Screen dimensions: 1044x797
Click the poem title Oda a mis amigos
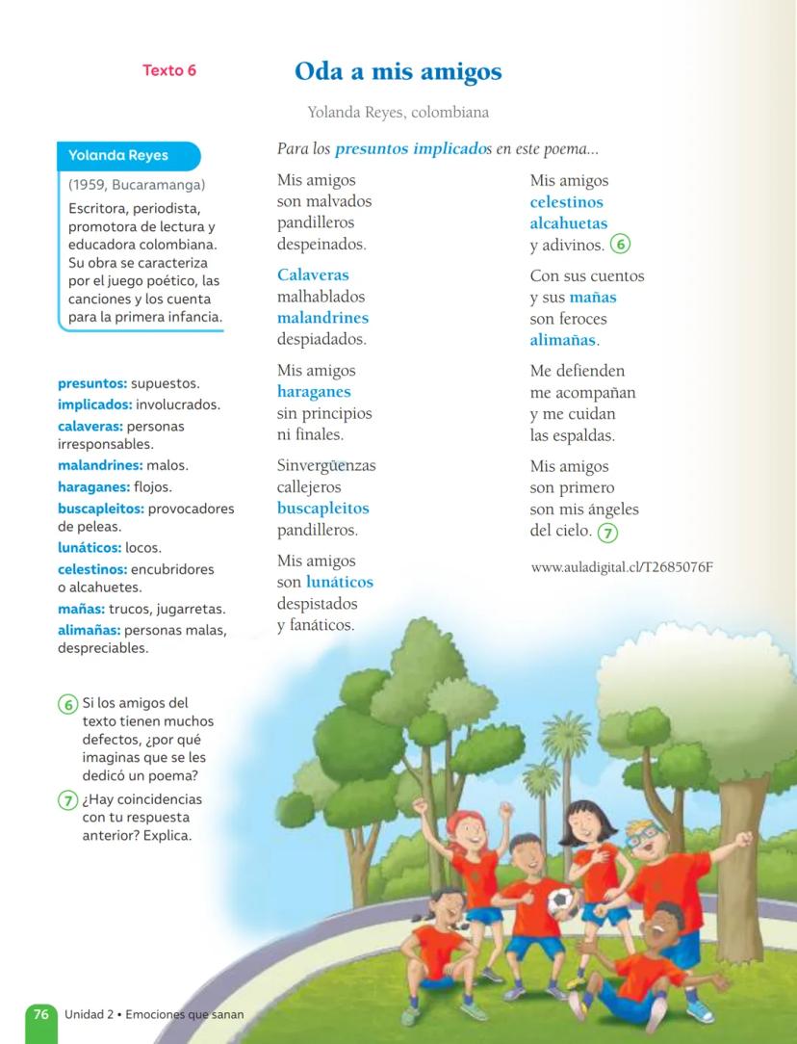coord(398,71)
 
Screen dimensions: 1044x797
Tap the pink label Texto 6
coord(169,70)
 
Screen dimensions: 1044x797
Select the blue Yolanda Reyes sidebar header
coord(118,155)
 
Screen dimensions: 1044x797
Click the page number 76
coord(40,1014)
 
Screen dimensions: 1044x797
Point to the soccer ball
coord(560,901)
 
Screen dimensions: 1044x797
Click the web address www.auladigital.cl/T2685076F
coord(622,566)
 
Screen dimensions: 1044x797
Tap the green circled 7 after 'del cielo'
coord(607,532)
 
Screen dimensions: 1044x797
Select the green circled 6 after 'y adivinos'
coord(621,245)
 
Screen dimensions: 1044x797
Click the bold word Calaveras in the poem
coord(313,275)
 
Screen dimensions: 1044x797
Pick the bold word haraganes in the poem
coord(314,392)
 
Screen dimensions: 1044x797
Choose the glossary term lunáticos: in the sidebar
coord(90,548)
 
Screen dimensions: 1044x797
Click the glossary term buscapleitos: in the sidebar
coord(101,508)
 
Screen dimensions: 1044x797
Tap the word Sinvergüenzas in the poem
coord(326,466)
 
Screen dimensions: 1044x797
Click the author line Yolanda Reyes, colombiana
coord(398,113)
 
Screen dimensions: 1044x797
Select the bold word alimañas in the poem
coord(563,340)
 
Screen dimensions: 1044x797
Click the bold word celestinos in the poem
coord(567,202)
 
